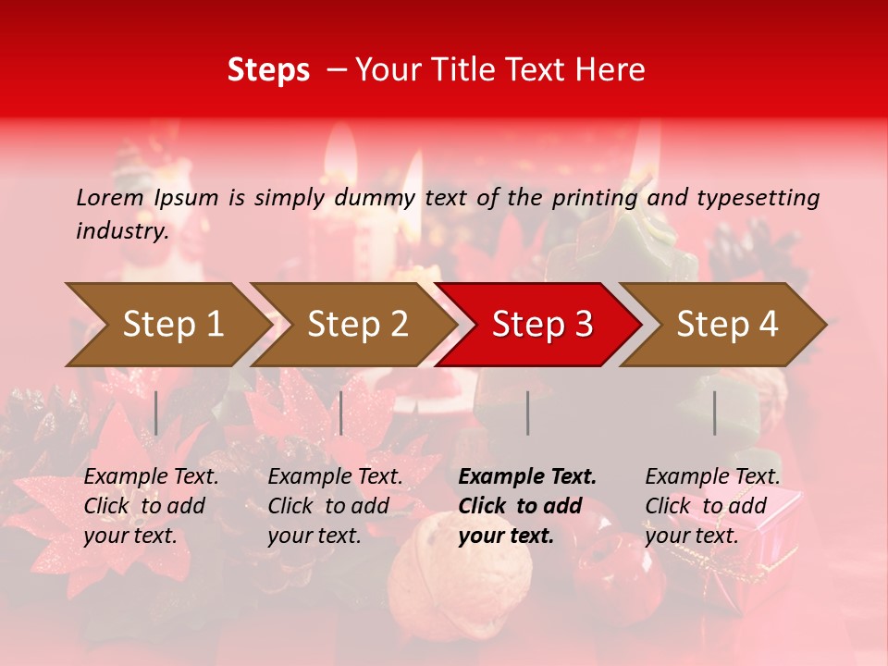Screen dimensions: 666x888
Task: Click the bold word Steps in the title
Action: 268,70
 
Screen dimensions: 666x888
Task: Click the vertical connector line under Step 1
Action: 156,413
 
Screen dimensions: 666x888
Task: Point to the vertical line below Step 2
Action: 341,413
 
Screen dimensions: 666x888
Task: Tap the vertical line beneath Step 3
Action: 527,413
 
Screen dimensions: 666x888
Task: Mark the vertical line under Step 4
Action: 714,413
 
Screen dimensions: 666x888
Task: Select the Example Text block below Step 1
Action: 151,506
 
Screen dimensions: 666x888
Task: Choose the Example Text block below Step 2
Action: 335,506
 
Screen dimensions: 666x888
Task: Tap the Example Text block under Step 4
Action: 712,506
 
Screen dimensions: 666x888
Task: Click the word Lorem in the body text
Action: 110,198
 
